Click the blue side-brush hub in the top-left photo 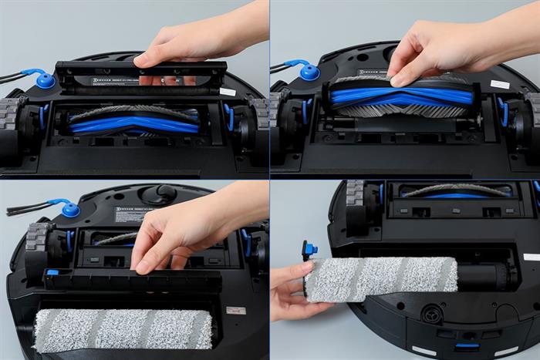45,81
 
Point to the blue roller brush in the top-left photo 135,123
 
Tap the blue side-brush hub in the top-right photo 309,73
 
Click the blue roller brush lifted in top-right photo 401,96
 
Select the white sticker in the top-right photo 499,83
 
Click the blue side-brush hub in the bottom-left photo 71,209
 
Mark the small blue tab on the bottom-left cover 52,272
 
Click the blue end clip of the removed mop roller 310,250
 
